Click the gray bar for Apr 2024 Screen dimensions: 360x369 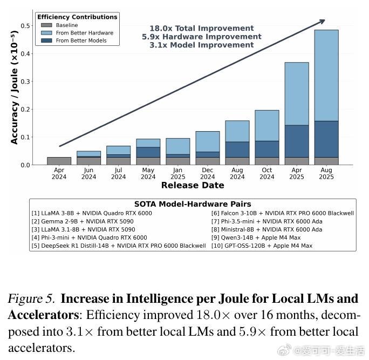click(59, 161)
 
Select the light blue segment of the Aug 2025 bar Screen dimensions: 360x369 click(326, 76)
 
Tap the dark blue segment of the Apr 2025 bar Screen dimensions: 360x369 click(296, 141)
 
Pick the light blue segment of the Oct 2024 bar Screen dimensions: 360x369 click(266, 125)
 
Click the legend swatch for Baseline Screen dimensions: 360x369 click(46, 25)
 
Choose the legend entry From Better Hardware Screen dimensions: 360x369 click(84, 33)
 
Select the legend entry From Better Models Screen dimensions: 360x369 click(81, 40)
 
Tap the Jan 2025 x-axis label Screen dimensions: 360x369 click(177, 173)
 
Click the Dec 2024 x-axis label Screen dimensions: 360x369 click(207, 173)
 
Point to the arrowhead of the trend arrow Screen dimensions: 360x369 click(322, 22)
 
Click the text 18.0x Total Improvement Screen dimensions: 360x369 click(201, 28)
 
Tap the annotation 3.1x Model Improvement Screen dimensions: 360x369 click(201, 45)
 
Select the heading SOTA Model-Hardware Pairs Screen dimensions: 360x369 click(193, 204)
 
